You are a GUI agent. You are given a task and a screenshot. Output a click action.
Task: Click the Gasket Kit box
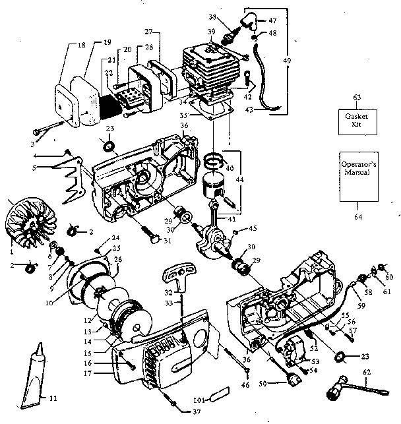[x=354, y=120]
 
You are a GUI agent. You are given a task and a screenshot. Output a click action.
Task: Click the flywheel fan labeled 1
[x=24, y=224]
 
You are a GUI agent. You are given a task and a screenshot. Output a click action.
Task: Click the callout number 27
[x=148, y=32]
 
